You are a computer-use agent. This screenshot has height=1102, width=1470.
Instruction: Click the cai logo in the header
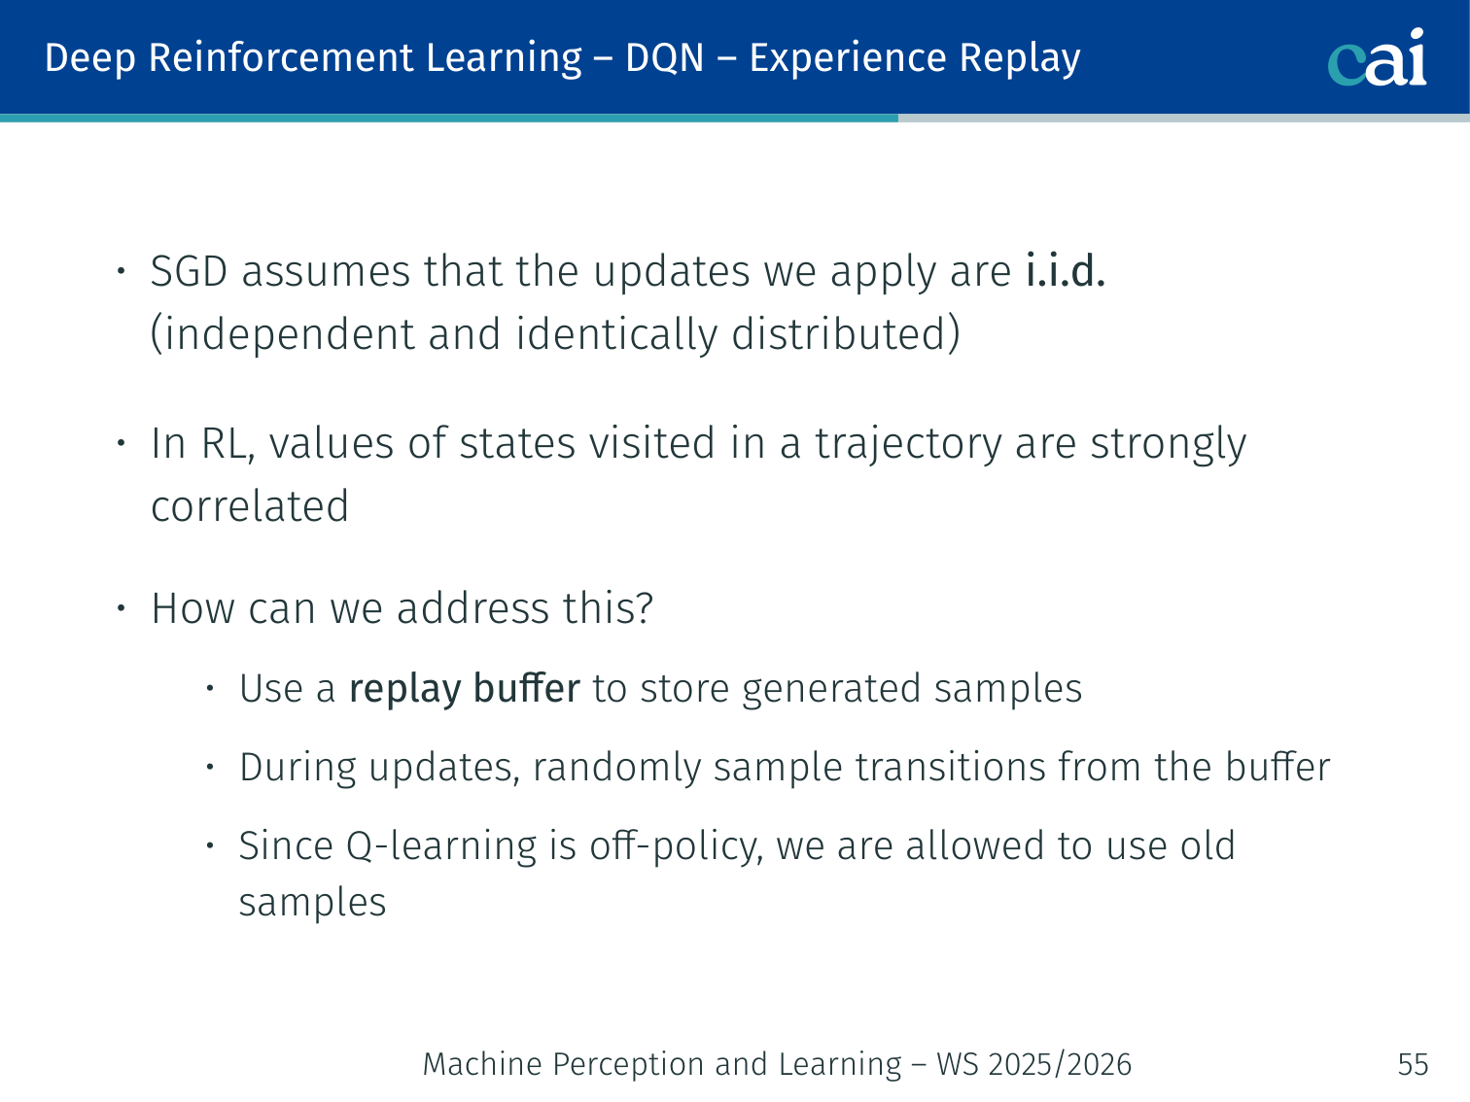coord(1377,57)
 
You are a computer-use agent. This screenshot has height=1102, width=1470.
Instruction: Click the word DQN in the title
coord(664,57)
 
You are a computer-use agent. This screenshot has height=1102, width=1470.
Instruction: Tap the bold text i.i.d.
coord(1065,271)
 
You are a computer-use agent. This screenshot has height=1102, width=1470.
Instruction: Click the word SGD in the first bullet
coord(189,272)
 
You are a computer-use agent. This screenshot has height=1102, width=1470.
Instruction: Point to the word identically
coord(616,333)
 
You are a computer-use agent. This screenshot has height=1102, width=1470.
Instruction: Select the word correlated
coord(250,506)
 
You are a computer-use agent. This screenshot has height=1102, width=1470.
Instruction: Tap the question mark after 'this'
coord(643,607)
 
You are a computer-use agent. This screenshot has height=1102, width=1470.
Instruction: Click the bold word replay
coord(405,689)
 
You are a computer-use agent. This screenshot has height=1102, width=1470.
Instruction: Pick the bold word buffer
coord(526,687)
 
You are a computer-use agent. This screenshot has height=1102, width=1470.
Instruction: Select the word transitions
coord(950,767)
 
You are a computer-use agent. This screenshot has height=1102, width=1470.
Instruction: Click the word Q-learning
coord(441,845)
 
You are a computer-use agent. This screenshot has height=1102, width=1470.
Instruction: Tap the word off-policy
coord(677,845)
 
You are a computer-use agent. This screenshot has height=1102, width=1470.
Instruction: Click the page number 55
coord(1413,1064)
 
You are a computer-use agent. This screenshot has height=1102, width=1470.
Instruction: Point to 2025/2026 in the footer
coord(1060,1064)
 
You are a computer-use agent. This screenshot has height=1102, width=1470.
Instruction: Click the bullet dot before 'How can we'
coord(121,607)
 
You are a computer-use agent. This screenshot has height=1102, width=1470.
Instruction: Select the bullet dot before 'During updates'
coord(210,767)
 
